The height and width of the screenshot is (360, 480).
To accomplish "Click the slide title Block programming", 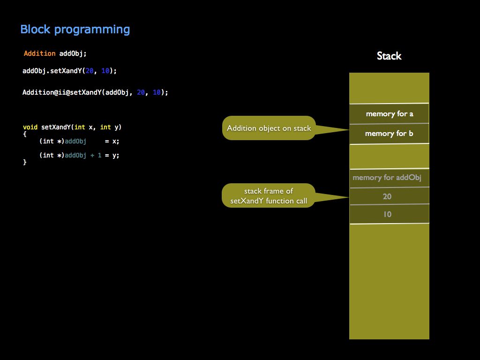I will point(75,30).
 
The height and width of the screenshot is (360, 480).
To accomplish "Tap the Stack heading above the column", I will point(389,56).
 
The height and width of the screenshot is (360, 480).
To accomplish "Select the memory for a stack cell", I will point(389,113).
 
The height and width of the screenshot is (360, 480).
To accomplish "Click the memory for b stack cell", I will point(389,134).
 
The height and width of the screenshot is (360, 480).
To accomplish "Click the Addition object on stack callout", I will point(269,128).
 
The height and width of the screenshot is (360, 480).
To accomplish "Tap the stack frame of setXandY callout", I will point(269,196).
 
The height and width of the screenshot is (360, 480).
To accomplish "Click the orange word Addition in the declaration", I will point(39,53).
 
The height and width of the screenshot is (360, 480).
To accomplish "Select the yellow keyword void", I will point(30,127).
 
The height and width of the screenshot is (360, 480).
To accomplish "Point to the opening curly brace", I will point(25,134).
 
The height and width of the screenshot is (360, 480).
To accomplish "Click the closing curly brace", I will point(25,162).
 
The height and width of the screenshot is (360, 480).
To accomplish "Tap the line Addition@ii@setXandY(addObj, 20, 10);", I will point(95,92).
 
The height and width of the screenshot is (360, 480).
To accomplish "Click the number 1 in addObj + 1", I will point(99,155).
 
